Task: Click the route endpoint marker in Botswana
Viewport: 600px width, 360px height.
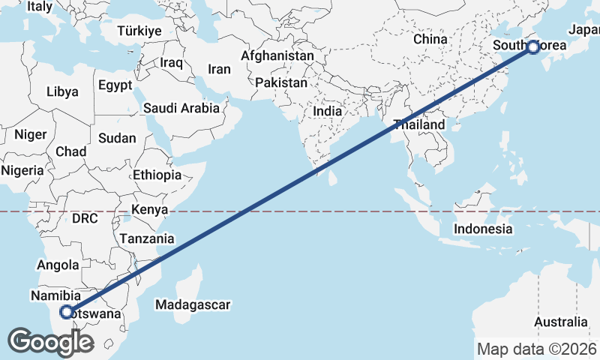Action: tap(67, 312)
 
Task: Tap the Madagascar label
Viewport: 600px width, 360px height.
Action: tap(193, 304)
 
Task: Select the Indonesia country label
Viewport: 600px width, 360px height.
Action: tap(484, 229)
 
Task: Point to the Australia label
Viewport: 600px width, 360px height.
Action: tap(561, 322)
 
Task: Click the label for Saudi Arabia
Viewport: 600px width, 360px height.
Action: tap(181, 108)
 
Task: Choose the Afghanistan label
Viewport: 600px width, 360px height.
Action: tap(277, 56)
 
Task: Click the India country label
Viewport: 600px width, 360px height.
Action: tap(327, 111)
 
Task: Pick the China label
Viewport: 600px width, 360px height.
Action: tap(430, 39)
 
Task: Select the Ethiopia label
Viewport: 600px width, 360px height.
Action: tap(157, 175)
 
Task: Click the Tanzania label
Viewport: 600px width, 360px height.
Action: tap(147, 239)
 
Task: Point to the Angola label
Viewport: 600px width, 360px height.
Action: tap(58, 265)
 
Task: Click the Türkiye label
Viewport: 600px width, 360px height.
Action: tap(139, 31)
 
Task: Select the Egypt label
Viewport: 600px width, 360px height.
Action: tap(115, 85)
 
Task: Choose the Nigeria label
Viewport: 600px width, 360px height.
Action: tap(22, 170)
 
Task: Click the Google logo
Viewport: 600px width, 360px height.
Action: tap(50, 342)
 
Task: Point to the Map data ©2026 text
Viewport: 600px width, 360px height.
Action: tap(536, 349)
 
